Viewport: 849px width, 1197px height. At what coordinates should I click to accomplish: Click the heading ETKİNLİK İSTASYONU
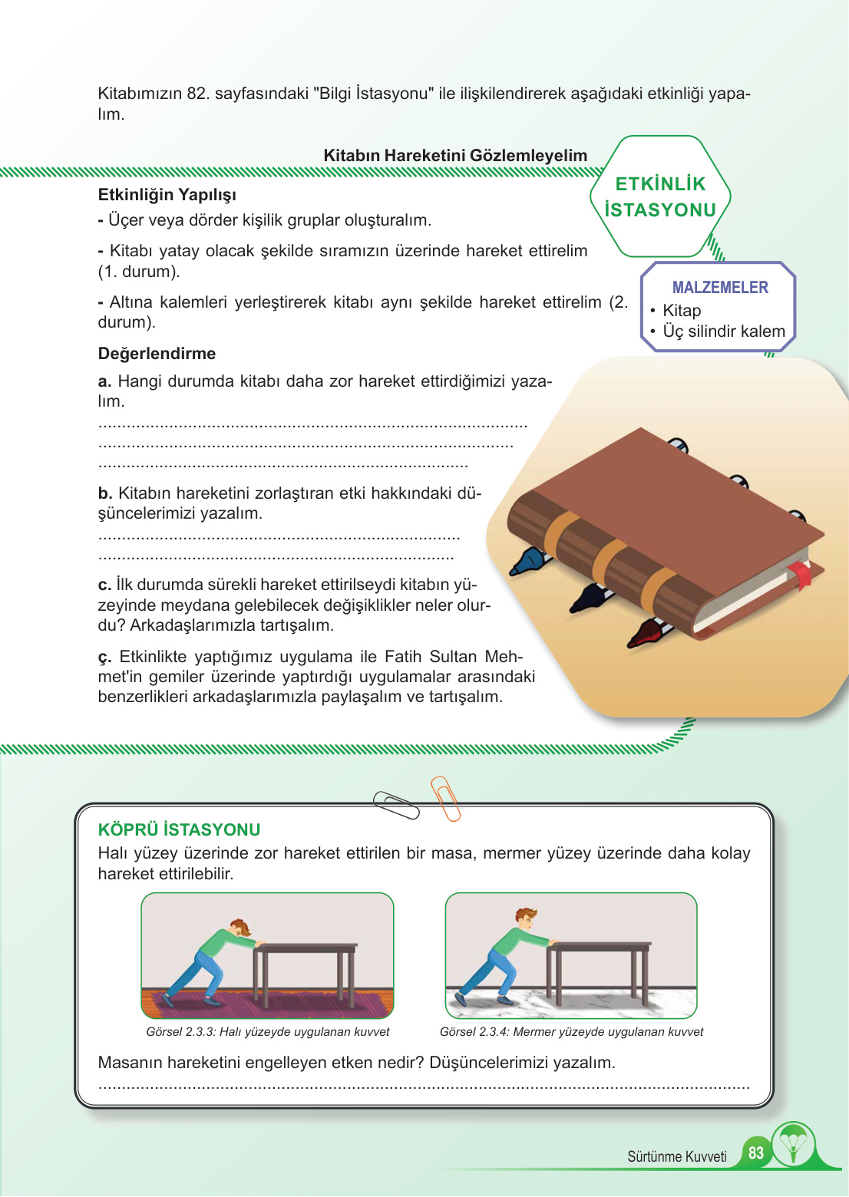tap(660, 197)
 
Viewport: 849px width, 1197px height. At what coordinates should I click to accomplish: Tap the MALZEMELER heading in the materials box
tap(720, 288)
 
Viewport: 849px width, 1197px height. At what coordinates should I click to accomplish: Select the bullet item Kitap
tap(682, 311)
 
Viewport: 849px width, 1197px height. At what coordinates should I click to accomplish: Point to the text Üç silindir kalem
tap(724, 331)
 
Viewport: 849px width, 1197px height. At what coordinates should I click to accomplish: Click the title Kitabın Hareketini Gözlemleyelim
tap(455, 156)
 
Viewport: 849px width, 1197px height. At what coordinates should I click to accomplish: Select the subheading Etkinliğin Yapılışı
tap(167, 195)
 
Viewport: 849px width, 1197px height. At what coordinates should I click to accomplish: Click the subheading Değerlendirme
tap(157, 354)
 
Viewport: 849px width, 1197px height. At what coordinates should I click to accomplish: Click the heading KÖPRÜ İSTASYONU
tap(179, 830)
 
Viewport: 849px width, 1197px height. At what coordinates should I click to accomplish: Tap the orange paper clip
tap(445, 798)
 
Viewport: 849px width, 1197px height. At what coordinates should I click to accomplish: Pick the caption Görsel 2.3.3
tap(267, 1032)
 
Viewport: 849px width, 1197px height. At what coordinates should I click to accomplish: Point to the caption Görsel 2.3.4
tap(571, 1032)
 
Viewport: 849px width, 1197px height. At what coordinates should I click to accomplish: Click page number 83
tap(756, 1153)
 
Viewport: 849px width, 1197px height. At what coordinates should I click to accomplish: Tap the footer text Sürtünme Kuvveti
tap(676, 1157)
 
